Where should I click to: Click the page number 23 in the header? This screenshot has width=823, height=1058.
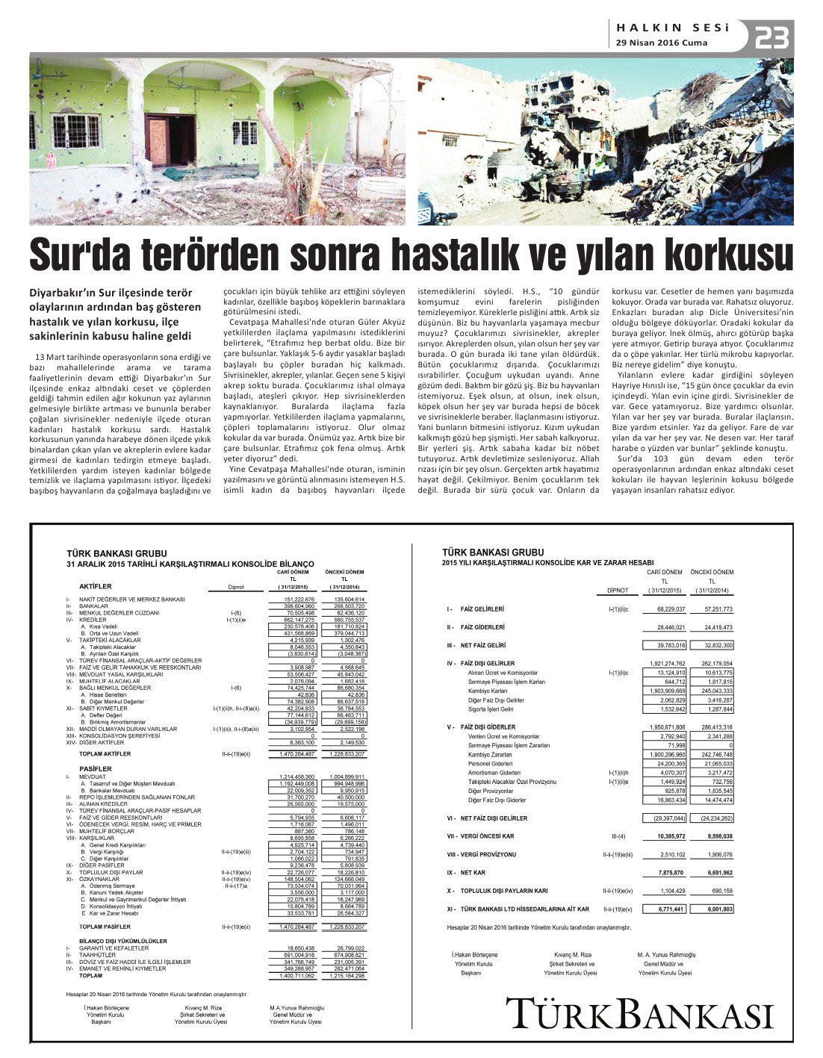coord(771,37)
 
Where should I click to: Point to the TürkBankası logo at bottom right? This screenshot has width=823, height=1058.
coord(639,1014)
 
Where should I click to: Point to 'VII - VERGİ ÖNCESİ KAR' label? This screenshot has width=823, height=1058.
coord(482,836)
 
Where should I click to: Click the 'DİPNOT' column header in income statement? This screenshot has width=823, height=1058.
coord(617,590)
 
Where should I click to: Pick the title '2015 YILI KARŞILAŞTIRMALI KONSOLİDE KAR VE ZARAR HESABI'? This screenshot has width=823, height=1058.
coord(547,562)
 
